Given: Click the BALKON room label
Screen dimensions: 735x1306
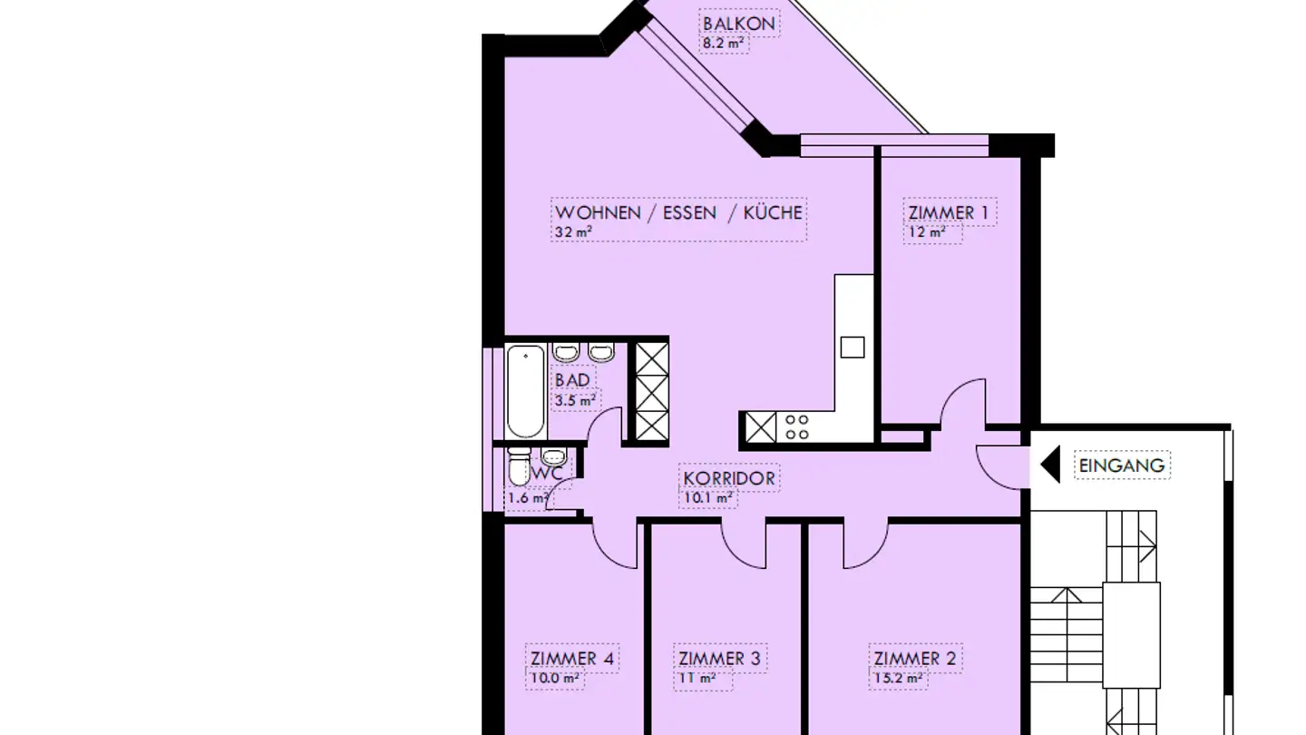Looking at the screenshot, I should tap(739, 23).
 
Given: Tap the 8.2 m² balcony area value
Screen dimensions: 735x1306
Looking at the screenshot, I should tap(723, 43).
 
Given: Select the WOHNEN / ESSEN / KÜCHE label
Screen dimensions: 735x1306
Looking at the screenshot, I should tap(678, 212).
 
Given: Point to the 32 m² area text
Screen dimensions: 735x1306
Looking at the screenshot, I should tap(573, 232).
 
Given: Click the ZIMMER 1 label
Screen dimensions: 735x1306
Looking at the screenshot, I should tap(949, 213).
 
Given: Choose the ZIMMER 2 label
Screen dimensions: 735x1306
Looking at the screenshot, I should tap(914, 658).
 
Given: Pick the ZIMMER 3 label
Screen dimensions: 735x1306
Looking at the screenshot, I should tap(720, 658).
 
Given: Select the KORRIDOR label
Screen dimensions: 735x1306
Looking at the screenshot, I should tap(729, 477).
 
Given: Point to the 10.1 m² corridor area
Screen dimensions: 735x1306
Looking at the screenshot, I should tap(707, 497).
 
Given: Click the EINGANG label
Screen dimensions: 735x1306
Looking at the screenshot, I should tap(1121, 465).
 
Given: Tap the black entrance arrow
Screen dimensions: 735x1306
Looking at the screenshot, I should tap(1050, 465).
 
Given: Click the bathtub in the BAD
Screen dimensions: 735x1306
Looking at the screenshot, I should tap(525, 391).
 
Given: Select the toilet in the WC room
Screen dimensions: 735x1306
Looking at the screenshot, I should tap(519, 468).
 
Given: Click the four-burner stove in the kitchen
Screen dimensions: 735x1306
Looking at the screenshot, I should tap(796, 427).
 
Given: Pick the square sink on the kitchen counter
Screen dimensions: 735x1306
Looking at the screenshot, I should tap(852, 347).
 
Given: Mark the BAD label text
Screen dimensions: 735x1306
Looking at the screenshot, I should tap(572, 379).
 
